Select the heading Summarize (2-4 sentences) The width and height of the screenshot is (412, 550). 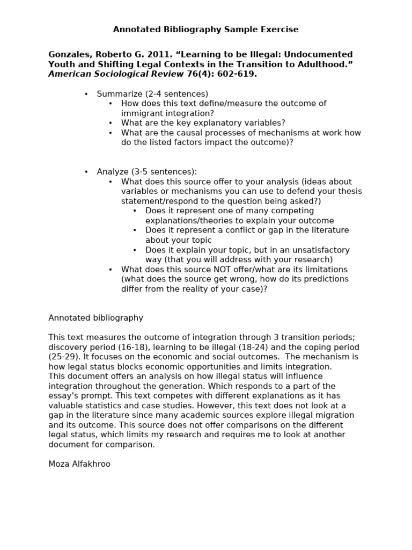[x=152, y=94]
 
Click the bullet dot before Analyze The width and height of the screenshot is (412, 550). [x=86, y=172]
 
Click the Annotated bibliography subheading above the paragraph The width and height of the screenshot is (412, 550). [x=95, y=318]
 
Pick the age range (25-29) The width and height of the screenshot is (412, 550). [x=65, y=357]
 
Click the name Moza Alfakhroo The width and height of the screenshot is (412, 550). [x=79, y=464]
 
